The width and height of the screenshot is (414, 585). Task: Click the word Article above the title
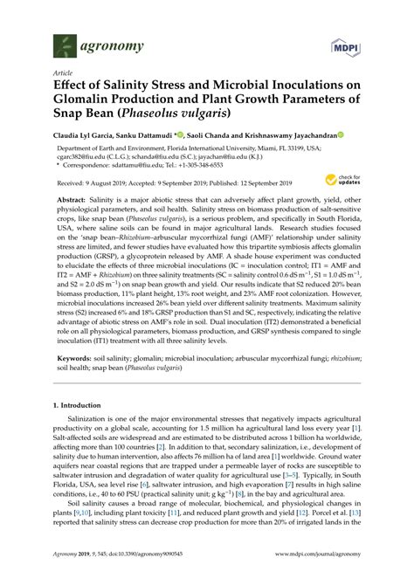(63, 73)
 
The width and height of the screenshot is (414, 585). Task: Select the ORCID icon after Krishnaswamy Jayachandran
(342, 135)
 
